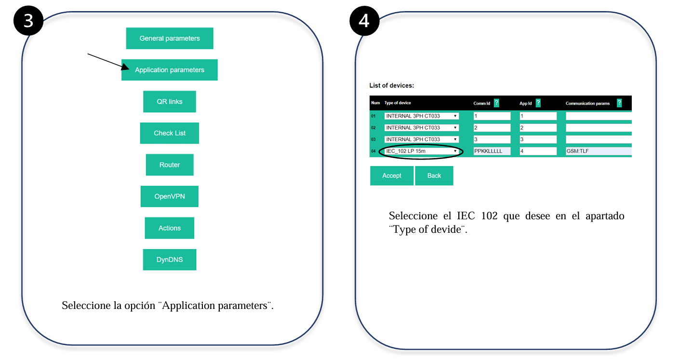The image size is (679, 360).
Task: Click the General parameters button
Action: (170, 38)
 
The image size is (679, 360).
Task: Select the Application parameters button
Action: (170, 70)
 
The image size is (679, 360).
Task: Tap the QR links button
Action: (170, 102)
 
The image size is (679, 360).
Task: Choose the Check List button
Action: (170, 133)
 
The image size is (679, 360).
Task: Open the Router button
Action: (170, 164)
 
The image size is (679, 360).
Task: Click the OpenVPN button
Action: (170, 196)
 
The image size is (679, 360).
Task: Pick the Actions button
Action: (170, 228)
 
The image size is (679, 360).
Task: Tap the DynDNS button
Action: (170, 259)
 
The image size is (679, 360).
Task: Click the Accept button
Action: (392, 175)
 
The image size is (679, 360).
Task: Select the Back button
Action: (434, 175)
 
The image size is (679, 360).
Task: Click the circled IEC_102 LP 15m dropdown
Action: (421, 151)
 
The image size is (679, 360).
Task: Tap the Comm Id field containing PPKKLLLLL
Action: (492, 151)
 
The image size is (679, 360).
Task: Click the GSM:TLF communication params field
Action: (599, 151)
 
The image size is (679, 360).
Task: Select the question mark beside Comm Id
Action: (496, 103)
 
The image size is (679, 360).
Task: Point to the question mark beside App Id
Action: (538, 103)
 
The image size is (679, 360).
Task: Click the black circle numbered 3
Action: (28, 21)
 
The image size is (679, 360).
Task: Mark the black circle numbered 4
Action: (364, 21)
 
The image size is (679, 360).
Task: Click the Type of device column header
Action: (398, 103)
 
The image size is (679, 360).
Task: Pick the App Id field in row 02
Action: (538, 128)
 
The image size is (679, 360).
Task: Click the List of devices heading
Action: (392, 85)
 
